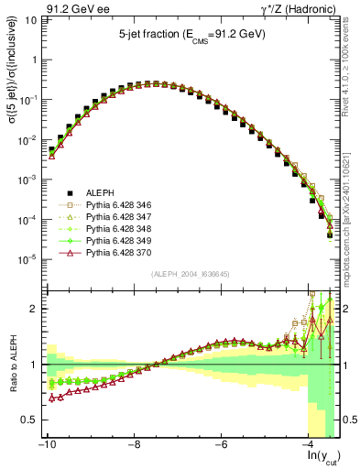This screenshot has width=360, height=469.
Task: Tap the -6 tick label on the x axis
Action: click(222, 443)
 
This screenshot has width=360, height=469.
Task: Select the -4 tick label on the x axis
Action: click(310, 443)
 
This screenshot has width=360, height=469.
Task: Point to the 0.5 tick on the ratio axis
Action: click(28, 420)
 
